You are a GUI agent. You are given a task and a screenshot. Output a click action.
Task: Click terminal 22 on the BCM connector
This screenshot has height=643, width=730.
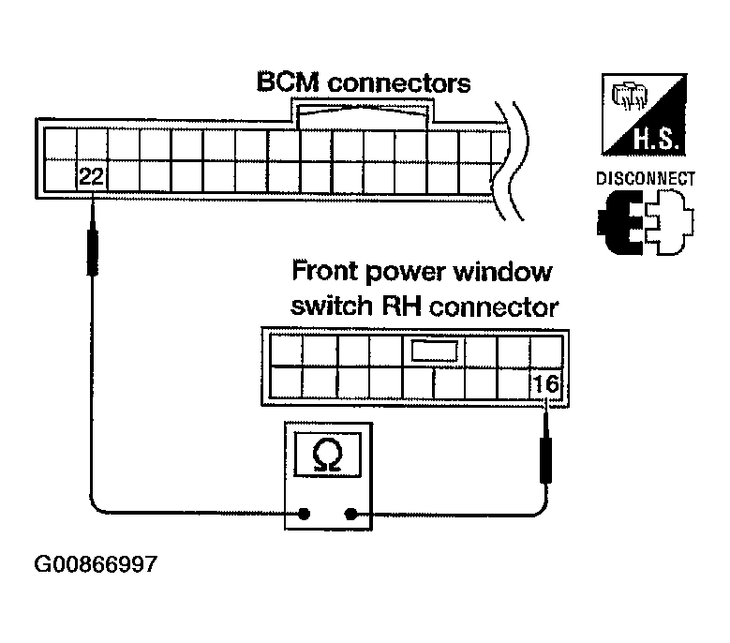(91, 176)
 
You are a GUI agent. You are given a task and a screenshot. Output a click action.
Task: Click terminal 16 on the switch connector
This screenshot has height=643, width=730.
(545, 383)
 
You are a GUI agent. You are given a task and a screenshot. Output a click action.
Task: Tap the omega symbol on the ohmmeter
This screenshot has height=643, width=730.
(328, 456)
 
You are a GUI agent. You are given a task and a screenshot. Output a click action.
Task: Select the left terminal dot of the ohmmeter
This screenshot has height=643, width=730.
(305, 514)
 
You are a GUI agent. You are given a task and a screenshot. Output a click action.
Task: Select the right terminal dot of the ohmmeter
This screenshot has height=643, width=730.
(352, 514)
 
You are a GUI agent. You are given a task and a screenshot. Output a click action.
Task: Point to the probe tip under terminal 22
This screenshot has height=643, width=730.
(92, 239)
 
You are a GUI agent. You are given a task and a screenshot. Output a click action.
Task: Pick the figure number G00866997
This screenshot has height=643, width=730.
(95, 565)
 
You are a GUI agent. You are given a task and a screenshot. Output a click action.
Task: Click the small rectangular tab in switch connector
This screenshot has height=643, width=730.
(431, 351)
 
